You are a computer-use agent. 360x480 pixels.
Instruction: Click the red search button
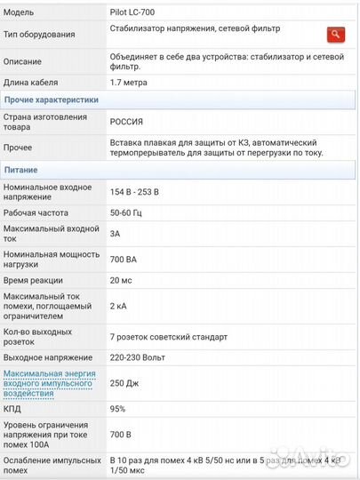335,35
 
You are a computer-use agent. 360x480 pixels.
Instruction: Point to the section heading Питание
22,169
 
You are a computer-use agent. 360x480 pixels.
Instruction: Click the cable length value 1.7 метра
130,82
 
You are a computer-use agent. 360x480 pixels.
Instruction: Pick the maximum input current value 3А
116,234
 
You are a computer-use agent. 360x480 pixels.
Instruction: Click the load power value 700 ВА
124,259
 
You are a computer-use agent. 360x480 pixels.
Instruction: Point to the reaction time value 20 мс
121,280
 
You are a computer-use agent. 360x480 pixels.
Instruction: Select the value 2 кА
118,306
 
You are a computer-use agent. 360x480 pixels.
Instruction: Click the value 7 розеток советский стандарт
168,337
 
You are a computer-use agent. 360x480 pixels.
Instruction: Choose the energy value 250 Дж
124,382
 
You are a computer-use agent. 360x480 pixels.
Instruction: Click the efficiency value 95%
118,409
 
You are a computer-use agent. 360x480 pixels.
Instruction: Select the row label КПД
13,409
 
